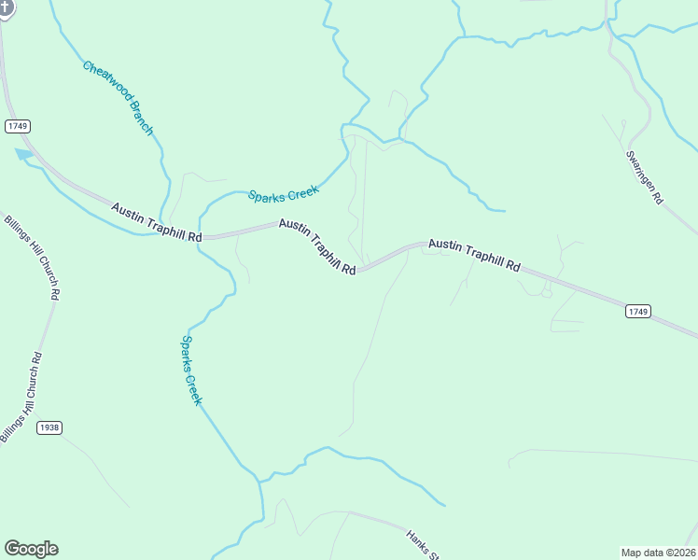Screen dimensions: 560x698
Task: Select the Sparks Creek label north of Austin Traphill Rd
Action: tap(284, 193)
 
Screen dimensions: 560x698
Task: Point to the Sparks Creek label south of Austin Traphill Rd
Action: tap(191, 371)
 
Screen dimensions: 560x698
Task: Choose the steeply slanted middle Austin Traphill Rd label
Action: tap(317, 247)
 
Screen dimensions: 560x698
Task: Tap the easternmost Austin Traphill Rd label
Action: tap(474, 255)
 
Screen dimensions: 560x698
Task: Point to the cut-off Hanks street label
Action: tap(422, 545)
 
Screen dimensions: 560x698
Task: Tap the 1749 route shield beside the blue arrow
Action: tap(18, 125)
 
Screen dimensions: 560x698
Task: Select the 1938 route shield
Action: tap(49, 427)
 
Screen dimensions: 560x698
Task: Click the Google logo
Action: tap(31, 549)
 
